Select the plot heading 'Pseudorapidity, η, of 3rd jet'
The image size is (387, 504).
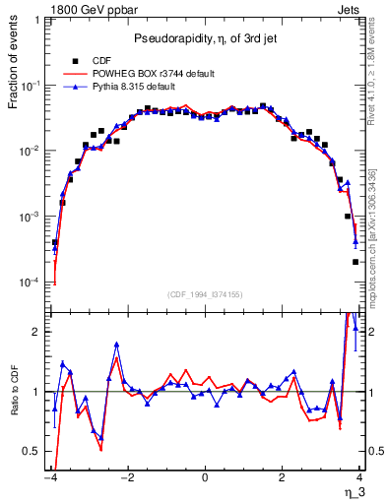coord(204,38)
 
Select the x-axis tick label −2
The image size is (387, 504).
coord(126,477)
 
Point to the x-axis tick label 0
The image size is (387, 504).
coord(205,477)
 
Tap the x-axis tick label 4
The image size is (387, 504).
coord(360,477)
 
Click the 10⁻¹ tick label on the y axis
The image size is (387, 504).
coord(32,85)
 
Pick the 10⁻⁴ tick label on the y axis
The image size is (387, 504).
coord(32,283)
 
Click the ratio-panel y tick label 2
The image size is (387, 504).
coord(37,332)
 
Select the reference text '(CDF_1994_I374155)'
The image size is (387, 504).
coord(204,293)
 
